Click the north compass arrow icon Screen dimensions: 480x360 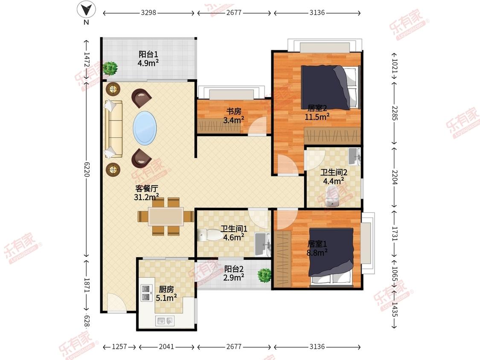click(x=86, y=10)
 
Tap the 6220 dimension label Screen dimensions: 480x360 click(x=87, y=169)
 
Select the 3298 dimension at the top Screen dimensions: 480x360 click(x=148, y=12)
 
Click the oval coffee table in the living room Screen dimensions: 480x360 click(x=145, y=128)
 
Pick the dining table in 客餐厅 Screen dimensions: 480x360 click(x=166, y=216)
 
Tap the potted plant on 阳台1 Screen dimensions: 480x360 click(x=110, y=68)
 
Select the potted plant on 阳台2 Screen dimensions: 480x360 click(x=264, y=275)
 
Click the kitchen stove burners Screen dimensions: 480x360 click(x=146, y=293)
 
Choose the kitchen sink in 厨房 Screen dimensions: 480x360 click(x=165, y=321)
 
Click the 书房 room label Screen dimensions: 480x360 click(x=233, y=111)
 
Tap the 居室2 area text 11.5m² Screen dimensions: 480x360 click(x=317, y=116)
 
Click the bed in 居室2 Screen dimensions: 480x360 click(x=330, y=87)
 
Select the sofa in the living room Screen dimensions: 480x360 click(x=113, y=129)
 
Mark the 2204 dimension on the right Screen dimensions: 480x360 click(x=395, y=177)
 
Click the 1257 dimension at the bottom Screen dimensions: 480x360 click(x=119, y=346)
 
